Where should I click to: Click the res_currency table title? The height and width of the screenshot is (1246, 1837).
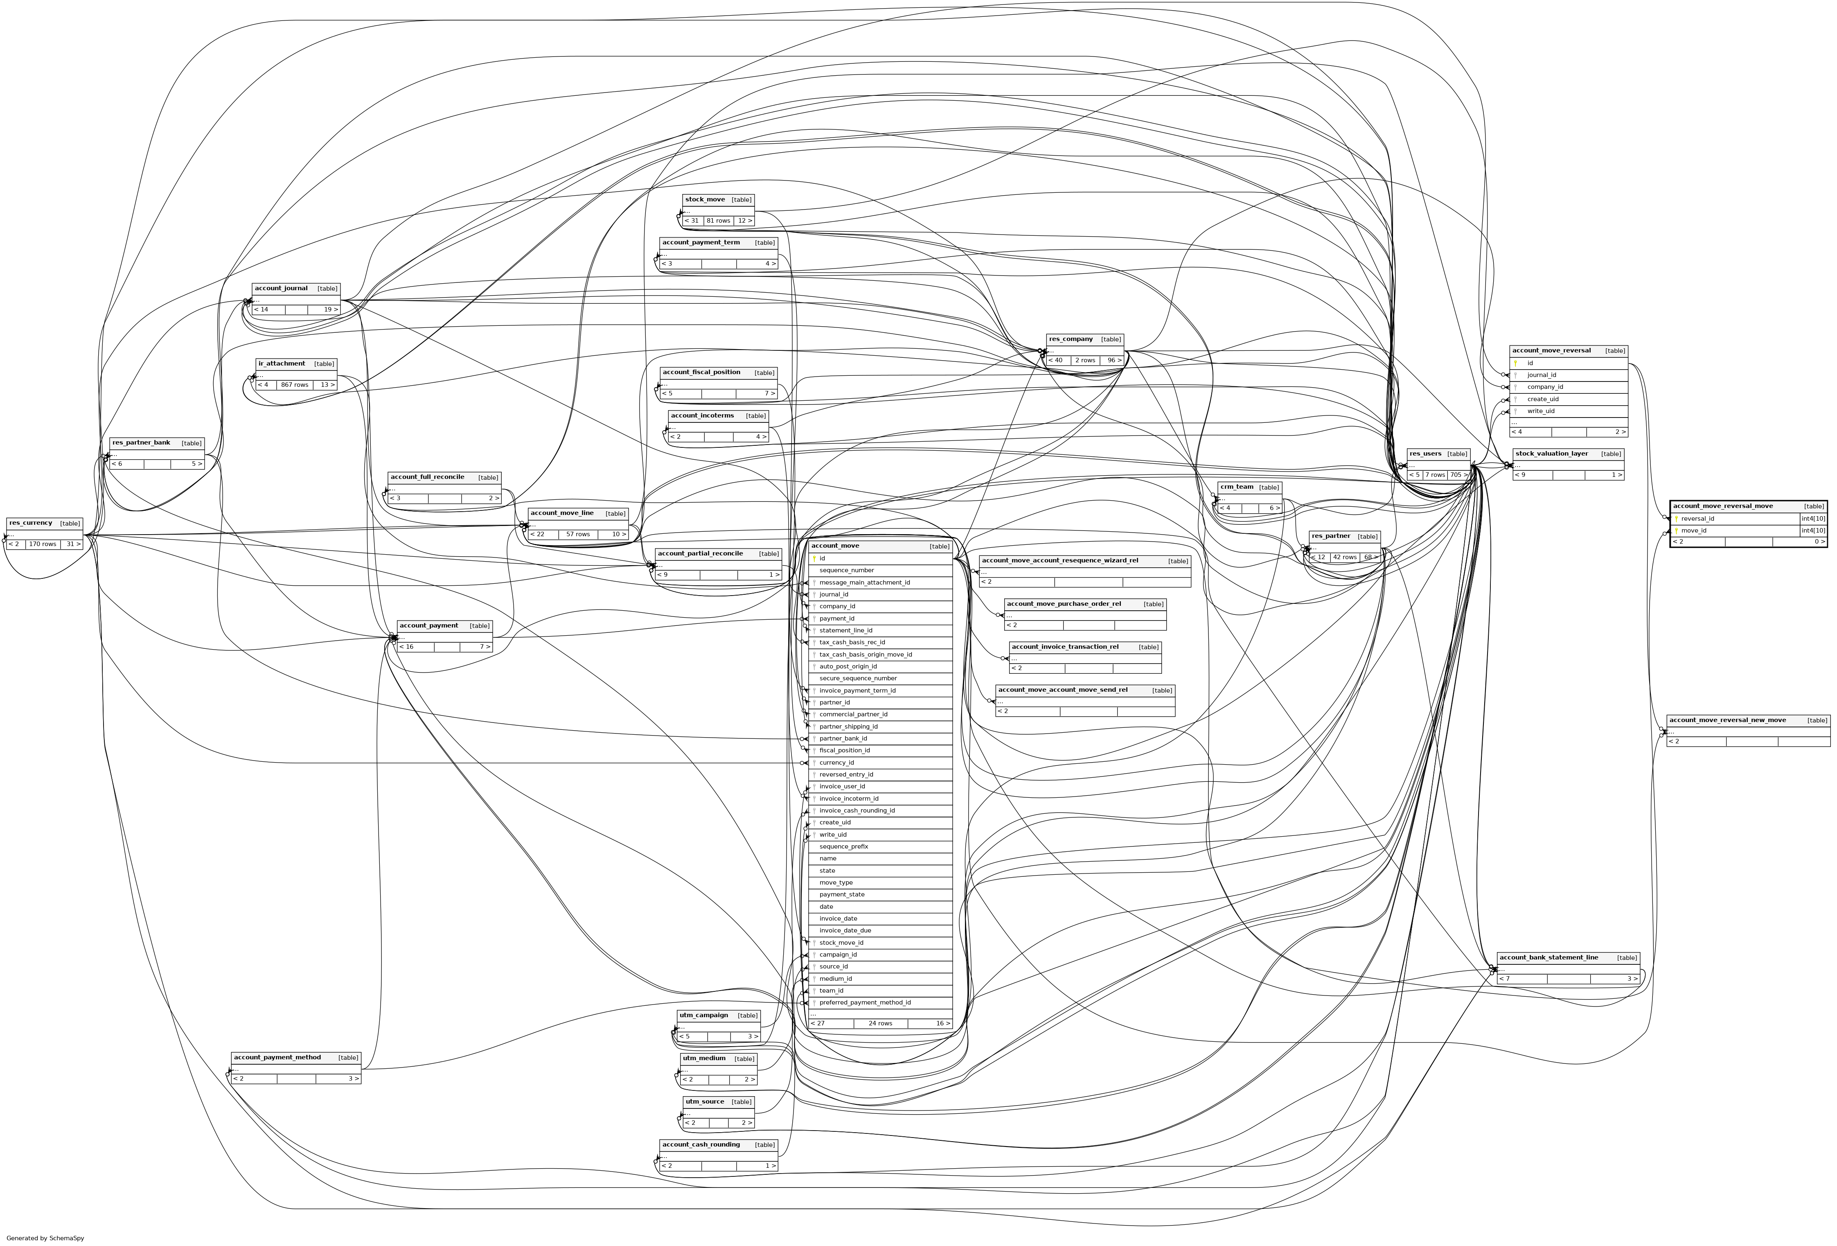pos(31,524)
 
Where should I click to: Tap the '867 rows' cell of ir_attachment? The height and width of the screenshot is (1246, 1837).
pos(294,385)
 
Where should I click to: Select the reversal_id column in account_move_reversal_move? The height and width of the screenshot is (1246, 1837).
pos(1698,519)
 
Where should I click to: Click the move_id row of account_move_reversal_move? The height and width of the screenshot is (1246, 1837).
pos(1694,530)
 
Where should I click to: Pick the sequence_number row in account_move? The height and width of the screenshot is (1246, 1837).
pos(847,570)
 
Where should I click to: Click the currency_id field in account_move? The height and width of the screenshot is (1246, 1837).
pos(836,763)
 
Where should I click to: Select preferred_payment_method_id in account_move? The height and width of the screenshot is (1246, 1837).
pos(865,1002)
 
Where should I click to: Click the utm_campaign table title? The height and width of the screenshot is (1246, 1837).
pos(703,1015)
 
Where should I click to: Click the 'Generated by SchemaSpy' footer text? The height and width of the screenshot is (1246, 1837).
pos(45,1238)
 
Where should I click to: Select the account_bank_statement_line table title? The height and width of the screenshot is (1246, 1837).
pos(1548,957)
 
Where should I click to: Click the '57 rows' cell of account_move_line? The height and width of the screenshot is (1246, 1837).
pos(578,535)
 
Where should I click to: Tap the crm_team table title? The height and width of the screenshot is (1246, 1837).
pos(1236,487)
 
